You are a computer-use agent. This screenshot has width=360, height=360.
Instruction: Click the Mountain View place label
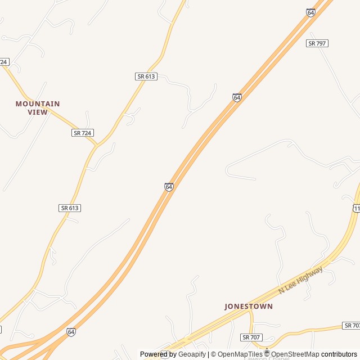38,107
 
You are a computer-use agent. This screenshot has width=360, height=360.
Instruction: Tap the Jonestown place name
249,307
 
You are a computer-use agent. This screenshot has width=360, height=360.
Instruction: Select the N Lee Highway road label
301,280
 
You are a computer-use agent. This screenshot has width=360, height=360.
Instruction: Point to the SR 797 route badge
317,43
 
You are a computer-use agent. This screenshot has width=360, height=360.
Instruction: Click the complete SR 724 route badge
83,133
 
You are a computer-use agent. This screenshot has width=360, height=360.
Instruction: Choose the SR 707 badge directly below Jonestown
251,337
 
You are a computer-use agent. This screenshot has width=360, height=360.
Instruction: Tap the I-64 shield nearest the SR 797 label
311,12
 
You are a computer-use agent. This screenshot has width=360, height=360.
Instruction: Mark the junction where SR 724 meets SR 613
98,146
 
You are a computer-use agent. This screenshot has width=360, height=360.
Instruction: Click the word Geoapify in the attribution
192,354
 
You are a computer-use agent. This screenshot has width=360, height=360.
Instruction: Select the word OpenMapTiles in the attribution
240,354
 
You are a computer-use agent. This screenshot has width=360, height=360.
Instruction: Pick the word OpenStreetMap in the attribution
295,354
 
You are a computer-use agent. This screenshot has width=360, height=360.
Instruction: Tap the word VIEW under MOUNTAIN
38,112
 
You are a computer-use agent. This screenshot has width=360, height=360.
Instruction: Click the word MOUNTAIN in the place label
38,103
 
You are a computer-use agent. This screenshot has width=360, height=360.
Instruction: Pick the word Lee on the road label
291,286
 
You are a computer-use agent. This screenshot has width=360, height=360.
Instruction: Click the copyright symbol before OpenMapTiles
213,354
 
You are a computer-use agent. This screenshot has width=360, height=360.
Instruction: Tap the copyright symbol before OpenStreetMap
267,354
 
